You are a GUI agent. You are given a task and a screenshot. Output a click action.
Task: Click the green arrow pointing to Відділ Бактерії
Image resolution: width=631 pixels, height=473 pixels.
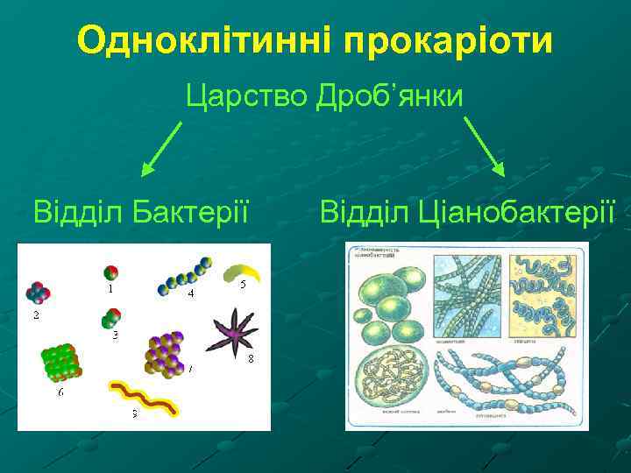161,148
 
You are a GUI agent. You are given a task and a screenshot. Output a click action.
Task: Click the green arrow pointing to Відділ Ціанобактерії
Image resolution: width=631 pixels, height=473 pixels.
484,148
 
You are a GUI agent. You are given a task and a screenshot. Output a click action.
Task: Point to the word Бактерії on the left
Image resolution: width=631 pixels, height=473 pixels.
188,211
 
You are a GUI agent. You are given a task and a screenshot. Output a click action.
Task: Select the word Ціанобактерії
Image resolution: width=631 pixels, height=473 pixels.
515,211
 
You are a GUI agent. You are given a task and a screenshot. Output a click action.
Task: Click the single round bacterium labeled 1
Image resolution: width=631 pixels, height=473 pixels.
110,272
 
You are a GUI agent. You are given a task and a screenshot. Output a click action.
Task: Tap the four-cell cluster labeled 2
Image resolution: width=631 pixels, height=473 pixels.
39,293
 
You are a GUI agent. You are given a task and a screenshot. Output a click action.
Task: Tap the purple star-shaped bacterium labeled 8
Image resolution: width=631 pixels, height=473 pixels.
234,332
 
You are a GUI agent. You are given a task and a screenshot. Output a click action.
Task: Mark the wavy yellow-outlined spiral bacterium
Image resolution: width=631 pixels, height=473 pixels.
144,397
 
